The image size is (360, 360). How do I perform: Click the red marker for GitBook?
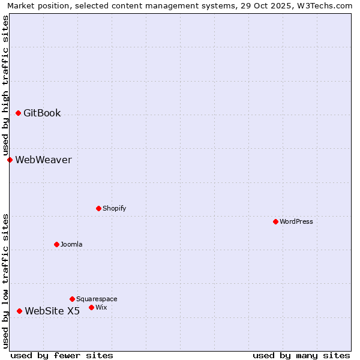coord(18,113)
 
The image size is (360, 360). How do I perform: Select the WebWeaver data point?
coord(10,160)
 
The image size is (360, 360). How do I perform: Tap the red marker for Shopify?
coord(98,208)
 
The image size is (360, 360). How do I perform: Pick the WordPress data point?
coord(275,221)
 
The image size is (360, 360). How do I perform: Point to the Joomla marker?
coord(56,244)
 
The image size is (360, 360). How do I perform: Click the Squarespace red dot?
coord(72,299)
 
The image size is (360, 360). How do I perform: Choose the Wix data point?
coord(91,307)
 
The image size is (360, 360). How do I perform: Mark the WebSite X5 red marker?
coord(19,311)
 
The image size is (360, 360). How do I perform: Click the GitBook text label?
coord(42,113)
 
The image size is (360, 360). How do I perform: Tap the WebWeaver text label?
coord(43,160)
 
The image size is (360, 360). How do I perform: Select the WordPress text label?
coord(296,221)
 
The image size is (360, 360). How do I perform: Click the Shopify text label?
coord(114,208)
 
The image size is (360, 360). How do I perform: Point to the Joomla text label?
coord(71,244)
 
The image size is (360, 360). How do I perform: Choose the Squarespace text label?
coord(97,299)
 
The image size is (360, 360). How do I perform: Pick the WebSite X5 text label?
coord(52,311)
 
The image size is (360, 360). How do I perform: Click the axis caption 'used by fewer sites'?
coord(62,355)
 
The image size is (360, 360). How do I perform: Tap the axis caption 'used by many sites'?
coord(301,355)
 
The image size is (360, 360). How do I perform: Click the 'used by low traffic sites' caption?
coord(5,281)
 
